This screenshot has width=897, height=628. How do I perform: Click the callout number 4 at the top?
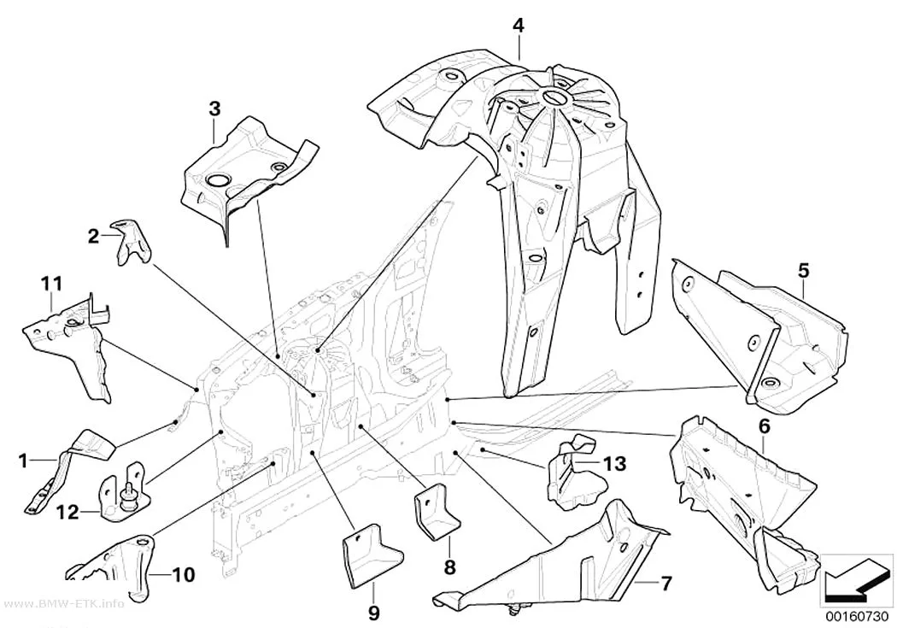(518, 26)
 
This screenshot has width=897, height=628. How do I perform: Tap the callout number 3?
(214, 109)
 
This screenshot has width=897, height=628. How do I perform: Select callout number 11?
(51, 283)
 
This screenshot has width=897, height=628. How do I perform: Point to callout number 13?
(615, 463)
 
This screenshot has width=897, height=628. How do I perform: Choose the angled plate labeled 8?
(437, 509)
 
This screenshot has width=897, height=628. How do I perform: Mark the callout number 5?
(804, 271)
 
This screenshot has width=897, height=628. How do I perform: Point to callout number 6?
(765, 426)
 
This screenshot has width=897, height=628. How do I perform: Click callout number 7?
(665, 584)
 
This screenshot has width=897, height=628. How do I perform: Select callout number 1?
(23, 461)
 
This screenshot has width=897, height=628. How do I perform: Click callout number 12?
(67, 512)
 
